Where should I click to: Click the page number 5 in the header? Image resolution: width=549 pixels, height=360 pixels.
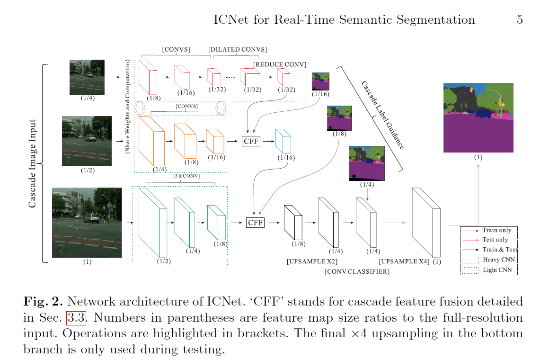coord(520,20)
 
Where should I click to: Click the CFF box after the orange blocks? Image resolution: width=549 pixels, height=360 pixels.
coord(251,141)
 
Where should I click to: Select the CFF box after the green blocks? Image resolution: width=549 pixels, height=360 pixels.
coord(256,222)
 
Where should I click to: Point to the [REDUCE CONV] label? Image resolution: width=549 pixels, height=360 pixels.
coord(280,64)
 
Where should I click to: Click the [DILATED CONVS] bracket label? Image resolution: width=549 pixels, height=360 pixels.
coord(238,49)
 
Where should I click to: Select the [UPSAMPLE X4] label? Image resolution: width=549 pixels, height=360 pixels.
coord(404,261)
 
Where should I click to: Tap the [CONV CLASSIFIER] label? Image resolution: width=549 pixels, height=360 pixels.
coord(357,271)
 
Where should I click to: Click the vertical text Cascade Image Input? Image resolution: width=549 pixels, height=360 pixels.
coord(33,163)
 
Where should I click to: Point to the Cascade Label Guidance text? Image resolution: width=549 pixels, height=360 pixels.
coord(382,115)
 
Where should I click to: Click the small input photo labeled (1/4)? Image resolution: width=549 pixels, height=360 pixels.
coord(87,77)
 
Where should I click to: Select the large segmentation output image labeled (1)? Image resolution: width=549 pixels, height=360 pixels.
coord(478,117)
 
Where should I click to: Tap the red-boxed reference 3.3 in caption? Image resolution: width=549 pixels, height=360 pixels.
coord(76,317)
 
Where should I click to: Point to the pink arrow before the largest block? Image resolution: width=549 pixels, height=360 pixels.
coord(394,222)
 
